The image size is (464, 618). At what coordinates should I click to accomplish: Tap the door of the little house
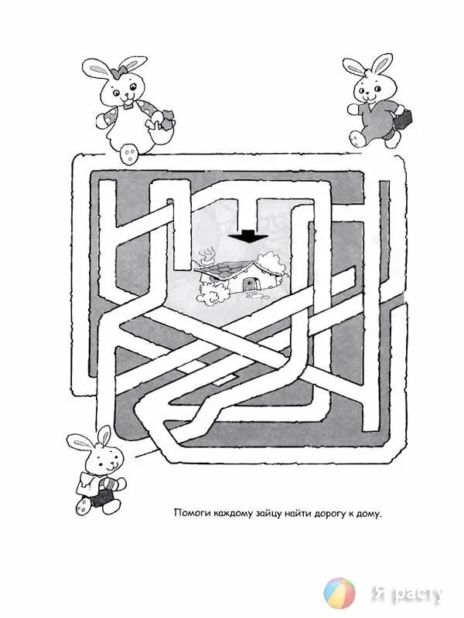click(248, 284)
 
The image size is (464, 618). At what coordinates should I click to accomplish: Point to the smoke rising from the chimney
click(208, 253)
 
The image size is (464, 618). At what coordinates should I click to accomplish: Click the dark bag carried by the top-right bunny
click(405, 120)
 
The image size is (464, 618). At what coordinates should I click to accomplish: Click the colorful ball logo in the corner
click(338, 593)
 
